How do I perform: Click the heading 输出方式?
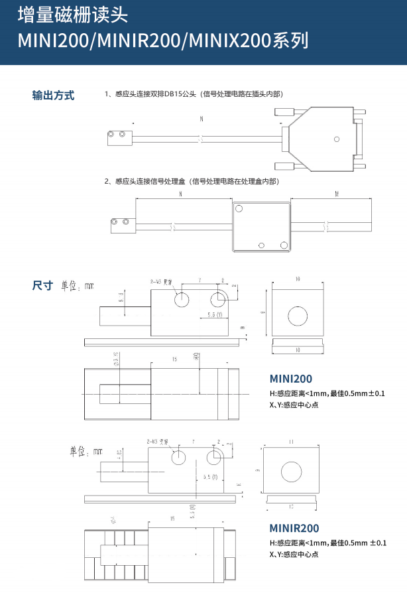pos(53,95)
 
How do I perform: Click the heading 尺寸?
pos(42,286)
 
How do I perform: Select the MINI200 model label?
pos(290,379)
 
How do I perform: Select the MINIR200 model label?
pos(294,529)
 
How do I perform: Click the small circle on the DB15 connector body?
pos(336,139)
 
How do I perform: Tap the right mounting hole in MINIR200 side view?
pos(214,457)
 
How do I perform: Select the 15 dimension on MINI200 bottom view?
pos(174,360)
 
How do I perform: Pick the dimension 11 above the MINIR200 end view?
pos(292,441)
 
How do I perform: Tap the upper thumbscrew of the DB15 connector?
pos(285,113)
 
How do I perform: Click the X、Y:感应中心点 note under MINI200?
pos(294,404)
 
